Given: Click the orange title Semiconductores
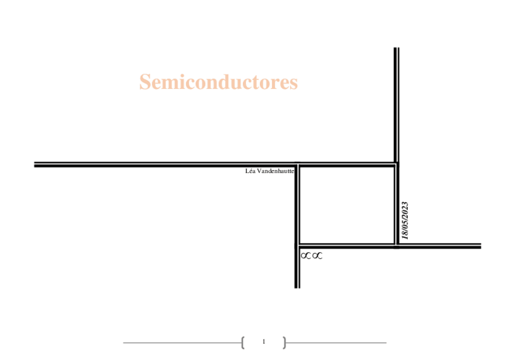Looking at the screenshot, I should click(x=218, y=82).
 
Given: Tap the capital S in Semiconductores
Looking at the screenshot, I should click(x=144, y=82).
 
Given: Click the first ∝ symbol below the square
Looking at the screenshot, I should click(x=306, y=256).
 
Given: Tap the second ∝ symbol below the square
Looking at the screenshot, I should click(x=317, y=256).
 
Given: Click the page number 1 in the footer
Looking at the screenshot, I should click(x=263, y=342).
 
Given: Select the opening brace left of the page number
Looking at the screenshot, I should click(x=242, y=343).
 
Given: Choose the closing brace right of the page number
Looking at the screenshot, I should click(x=284, y=343).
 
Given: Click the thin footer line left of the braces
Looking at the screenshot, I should click(x=180, y=343).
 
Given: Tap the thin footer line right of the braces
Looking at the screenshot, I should click(x=337, y=343).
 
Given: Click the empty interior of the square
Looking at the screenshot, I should click(x=346, y=204).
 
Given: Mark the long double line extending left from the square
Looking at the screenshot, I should click(x=162, y=163).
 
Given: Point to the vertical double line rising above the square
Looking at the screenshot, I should click(x=396, y=102).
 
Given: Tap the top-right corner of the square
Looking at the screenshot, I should click(x=396, y=164).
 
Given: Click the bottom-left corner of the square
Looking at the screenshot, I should click(x=297, y=245).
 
